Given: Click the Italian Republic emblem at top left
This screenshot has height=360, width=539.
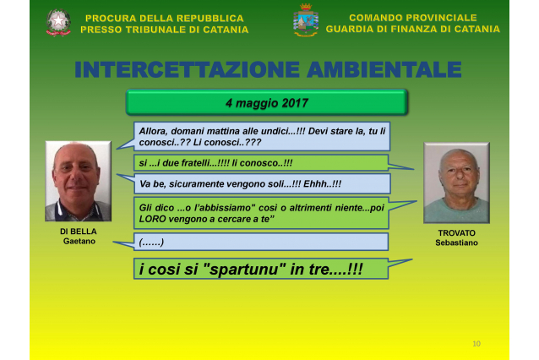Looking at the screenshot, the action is [x=58, y=22].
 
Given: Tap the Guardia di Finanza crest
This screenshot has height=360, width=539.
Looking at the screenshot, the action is [x=306, y=20].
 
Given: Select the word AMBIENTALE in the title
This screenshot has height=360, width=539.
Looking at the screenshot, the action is [x=384, y=69].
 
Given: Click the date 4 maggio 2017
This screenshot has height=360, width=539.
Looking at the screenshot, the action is [x=267, y=103].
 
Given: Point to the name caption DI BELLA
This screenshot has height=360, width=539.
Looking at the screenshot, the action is [x=79, y=232].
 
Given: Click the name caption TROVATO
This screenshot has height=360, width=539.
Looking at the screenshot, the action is [x=456, y=233].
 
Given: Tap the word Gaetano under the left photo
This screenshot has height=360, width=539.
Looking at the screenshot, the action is [x=79, y=241].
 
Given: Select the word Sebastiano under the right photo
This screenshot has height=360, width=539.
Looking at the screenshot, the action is [x=456, y=243].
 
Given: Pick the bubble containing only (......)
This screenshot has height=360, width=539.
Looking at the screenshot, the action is [x=261, y=242].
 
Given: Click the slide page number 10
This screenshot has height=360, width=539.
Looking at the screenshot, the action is [x=476, y=343].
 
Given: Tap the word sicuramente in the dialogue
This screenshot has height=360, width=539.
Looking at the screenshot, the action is [x=193, y=184].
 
